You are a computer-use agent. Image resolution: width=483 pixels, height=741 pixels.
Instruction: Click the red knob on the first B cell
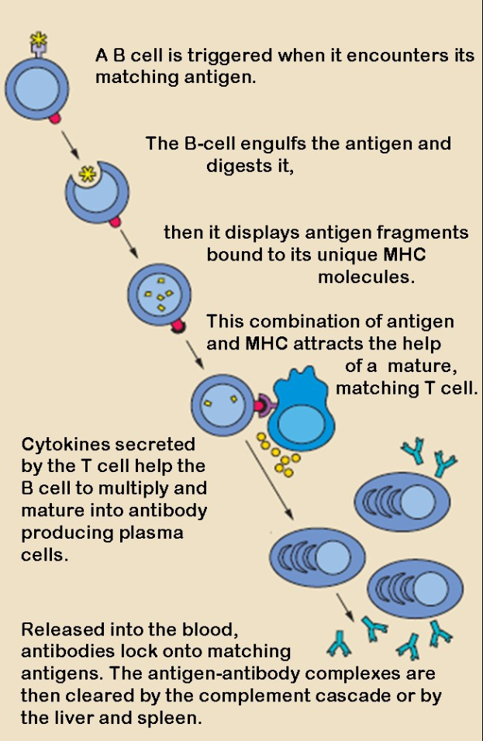click(x=54, y=119)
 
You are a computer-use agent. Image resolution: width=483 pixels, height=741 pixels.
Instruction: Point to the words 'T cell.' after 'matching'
click(x=447, y=388)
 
